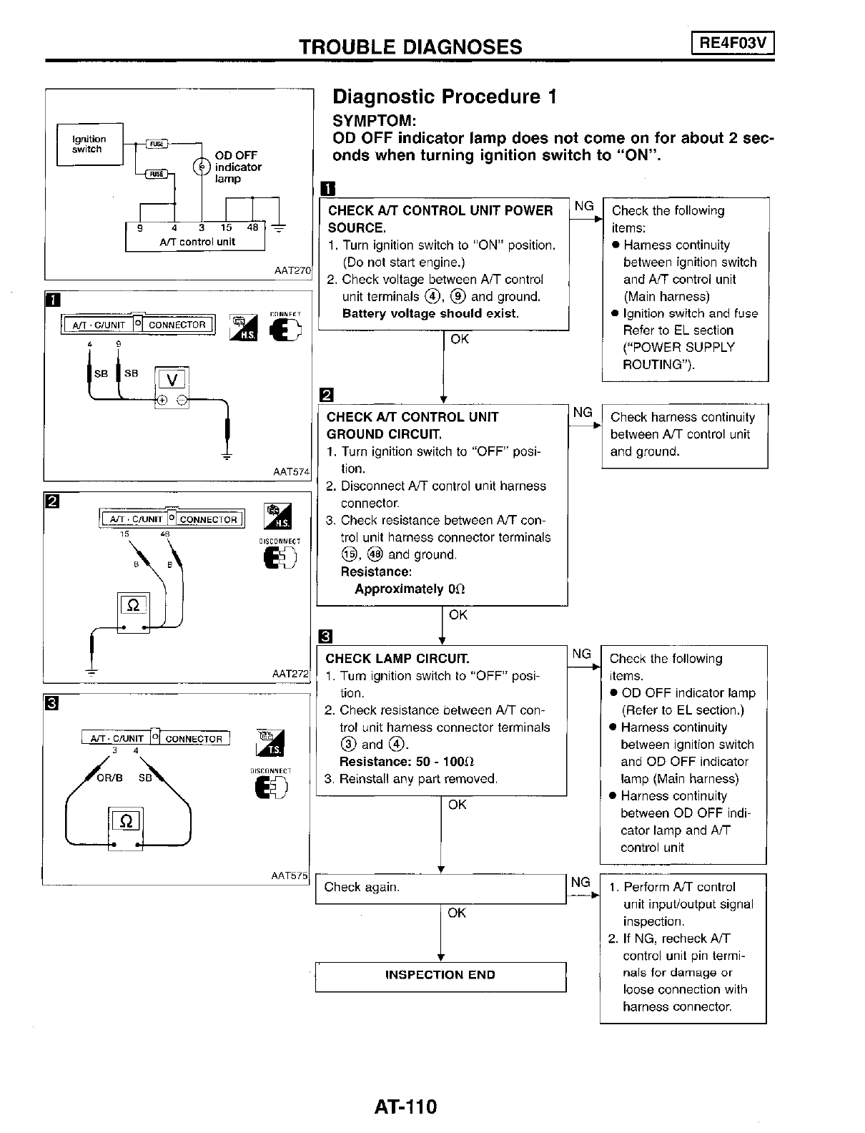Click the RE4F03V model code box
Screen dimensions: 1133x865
click(733, 44)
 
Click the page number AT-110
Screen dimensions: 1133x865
click(405, 1107)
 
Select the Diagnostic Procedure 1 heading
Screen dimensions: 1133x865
click(445, 97)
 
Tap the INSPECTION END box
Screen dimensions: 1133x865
click(440, 975)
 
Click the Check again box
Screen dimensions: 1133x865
click(440, 888)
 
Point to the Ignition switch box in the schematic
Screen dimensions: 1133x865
click(89, 144)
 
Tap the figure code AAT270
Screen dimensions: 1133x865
click(293, 271)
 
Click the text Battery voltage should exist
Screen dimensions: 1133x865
click(430, 313)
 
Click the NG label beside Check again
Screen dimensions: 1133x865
click(580, 882)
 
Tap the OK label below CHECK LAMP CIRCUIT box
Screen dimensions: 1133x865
click(457, 805)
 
